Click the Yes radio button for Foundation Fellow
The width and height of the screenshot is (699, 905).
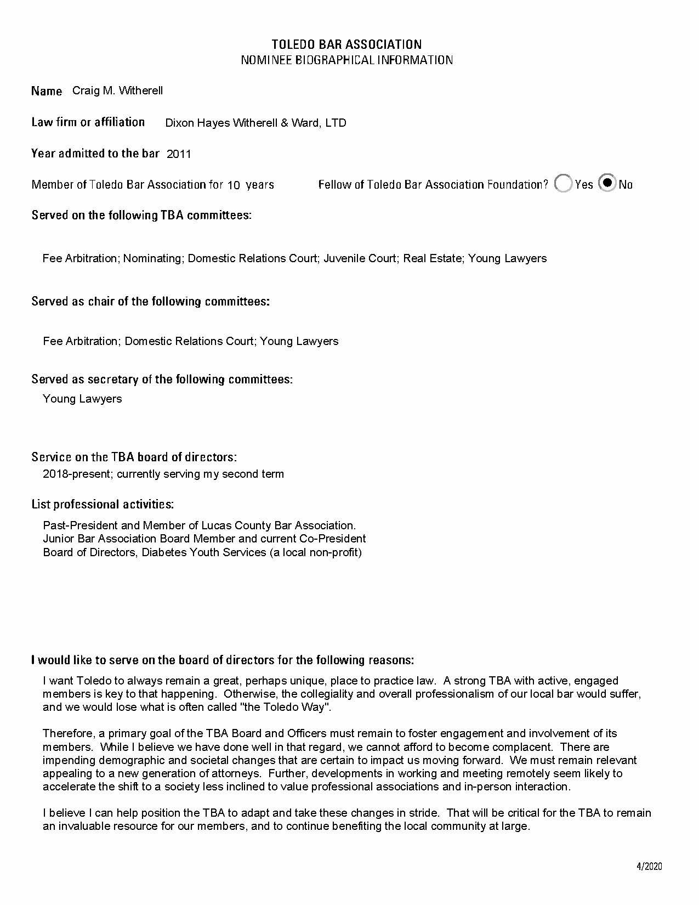(x=563, y=184)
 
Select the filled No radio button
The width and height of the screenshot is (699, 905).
(x=607, y=183)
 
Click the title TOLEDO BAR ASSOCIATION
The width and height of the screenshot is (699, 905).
(x=347, y=44)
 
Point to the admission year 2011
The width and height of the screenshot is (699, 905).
(x=179, y=154)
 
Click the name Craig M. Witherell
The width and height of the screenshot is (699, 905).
(x=117, y=90)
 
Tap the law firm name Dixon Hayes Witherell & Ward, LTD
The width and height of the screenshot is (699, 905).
(x=255, y=123)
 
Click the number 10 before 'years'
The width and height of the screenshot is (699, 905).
(x=234, y=185)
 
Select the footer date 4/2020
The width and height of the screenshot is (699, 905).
(x=649, y=867)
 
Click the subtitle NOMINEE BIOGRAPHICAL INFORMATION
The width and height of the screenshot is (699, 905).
(x=347, y=60)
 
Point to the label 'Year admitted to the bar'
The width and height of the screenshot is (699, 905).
(x=95, y=154)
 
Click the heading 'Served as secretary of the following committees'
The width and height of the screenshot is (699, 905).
(x=162, y=379)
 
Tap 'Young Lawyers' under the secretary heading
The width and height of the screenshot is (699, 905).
(x=82, y=399)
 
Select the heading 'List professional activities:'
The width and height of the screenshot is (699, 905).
(x=103, y=504)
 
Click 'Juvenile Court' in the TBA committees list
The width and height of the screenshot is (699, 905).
(x=360, y=258)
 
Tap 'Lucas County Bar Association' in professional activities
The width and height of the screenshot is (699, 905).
(x=279, y=525)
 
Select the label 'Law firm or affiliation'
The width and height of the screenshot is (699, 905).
(x=88, y=122)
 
